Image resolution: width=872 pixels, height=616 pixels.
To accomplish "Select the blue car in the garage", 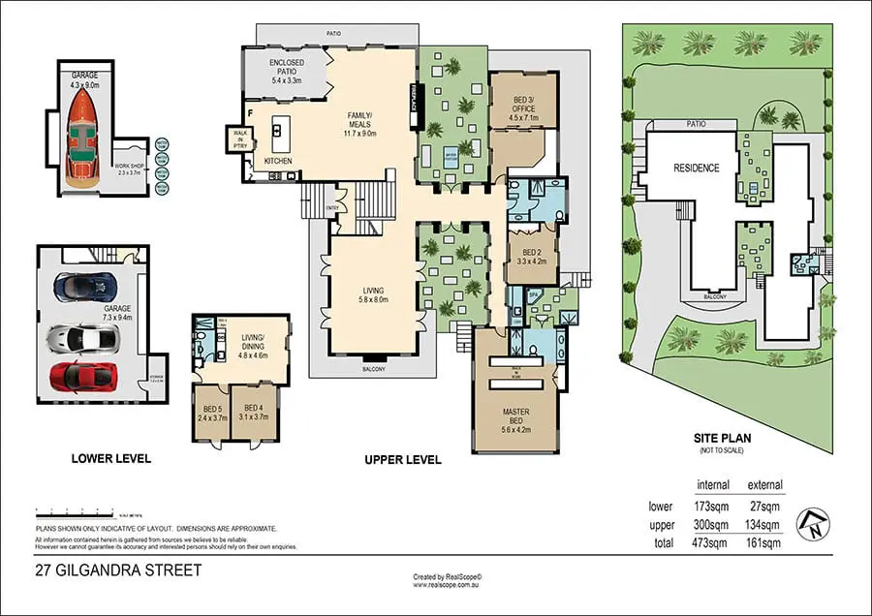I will (84, 288).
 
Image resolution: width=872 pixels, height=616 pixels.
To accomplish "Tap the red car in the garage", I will (83, 375).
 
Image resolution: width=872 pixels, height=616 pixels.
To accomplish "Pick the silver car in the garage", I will (84, 336).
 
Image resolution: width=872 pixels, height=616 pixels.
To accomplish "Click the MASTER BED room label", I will (515, 416).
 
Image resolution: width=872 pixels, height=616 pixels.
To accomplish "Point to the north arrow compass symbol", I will (812, 524).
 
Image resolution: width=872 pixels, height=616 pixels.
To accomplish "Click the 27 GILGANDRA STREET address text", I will (118, 570).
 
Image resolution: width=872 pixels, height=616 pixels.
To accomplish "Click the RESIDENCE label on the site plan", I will (697, 168).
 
